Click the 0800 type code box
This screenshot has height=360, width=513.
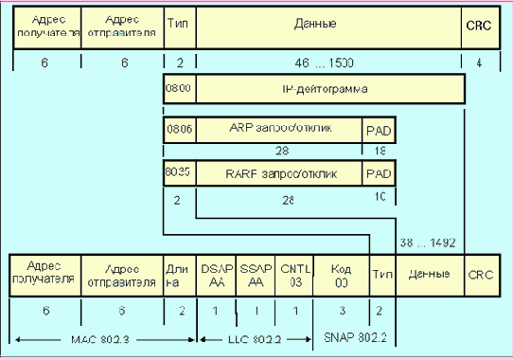click(179, 90)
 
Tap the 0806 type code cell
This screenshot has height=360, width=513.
click(179, 130)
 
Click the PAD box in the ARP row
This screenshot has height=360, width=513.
click(379, 130)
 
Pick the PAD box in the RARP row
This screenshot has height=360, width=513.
click(379, 173)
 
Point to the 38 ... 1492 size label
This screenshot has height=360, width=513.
click(427, 243)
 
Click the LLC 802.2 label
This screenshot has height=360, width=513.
click(252, 336)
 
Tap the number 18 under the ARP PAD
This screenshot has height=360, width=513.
click(379, 152)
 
